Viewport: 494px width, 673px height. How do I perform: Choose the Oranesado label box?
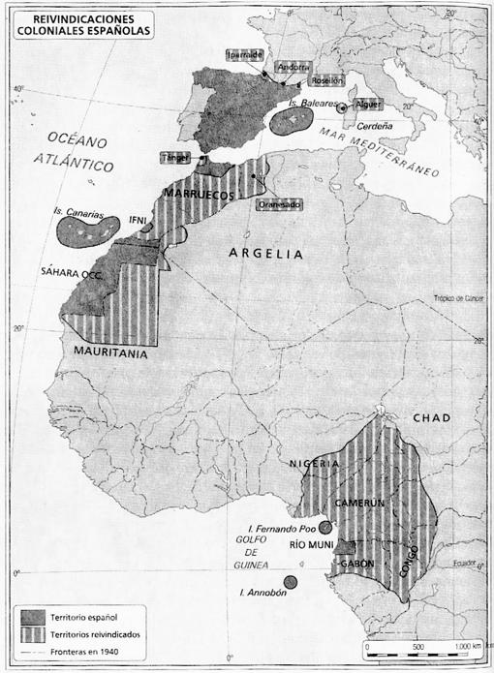[x=279, y=204]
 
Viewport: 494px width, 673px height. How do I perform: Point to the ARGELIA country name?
[x=265, y=254]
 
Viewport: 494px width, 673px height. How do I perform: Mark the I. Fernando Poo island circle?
[x=325, y=528]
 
